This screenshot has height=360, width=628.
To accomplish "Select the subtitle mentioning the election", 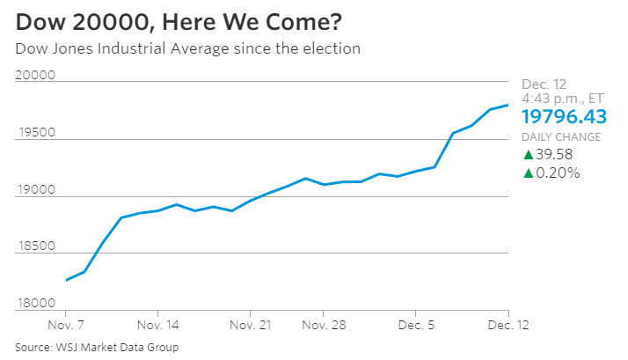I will pos(187,48).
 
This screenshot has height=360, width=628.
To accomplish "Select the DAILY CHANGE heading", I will pos(561,137).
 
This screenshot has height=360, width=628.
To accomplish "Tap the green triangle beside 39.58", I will pos(528,155).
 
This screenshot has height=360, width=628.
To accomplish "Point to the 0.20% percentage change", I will pos(558,173).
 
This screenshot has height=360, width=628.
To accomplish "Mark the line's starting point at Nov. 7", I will pos(66,280).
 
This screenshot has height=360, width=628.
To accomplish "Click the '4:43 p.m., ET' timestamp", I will pos(562,99).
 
